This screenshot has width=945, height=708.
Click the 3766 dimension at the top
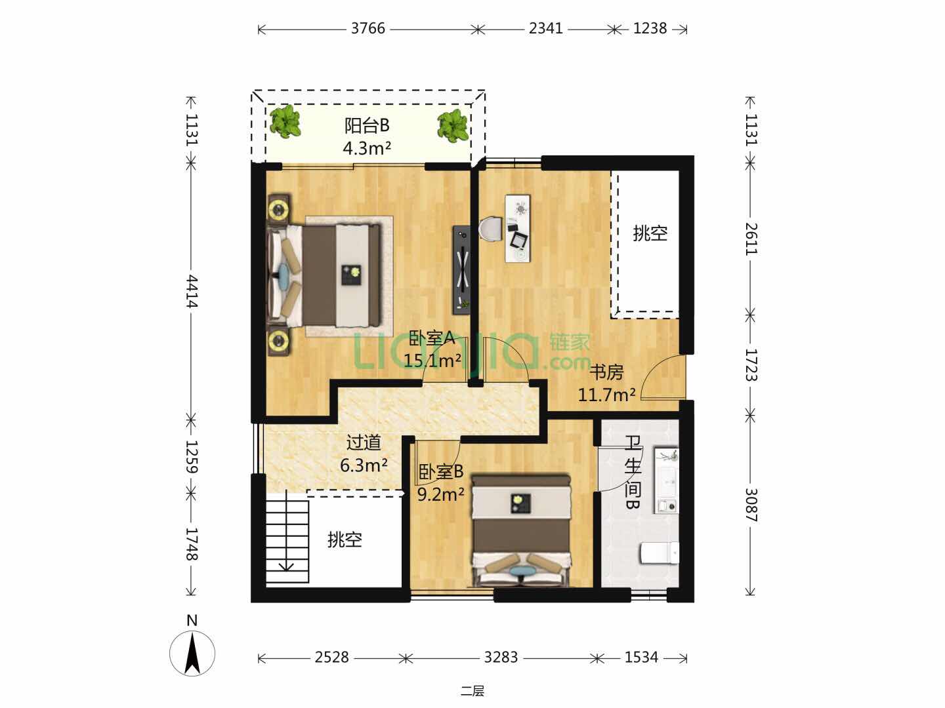(367, 28)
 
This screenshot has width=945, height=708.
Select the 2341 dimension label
(545, 28)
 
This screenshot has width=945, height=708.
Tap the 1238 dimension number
(650, 28)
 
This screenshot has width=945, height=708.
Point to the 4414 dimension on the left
(192, 291)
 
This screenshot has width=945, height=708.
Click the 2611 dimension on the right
(751, 239)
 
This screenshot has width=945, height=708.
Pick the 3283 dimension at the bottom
(501, 657)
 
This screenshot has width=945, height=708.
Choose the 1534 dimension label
(641, 657)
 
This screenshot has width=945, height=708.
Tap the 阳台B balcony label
(367, 125)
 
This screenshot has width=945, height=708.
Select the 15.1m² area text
(432, 360)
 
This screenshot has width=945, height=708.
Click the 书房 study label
(606, 372)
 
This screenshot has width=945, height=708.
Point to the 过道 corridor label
(364, 442)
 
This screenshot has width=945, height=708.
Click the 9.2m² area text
(441, 494)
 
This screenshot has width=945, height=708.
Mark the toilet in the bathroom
(660, 553)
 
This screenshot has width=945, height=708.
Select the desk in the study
(518, 228)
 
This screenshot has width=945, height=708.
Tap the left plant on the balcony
(285, 121)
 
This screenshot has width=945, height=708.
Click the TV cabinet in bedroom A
(461, 269)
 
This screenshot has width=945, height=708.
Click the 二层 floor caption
(472, 691)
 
